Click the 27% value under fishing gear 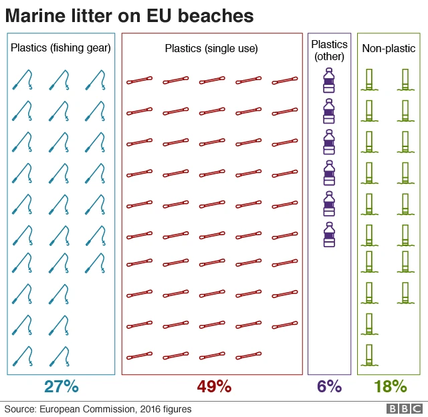[x=62, y=386]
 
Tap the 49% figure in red [x=214, y=386]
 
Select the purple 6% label [x=329, y=386]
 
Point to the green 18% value [x=391, y=386]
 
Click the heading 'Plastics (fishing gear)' [x=61, y=48]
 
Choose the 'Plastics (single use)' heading [x=211, y=48]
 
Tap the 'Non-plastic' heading [x=389, y=48]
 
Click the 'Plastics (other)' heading [x=329, y=50]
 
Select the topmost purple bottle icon [x=329, y=80]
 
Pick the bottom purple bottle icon [x=329, y=235]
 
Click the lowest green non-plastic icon [x=368, y=355]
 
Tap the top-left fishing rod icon [x=23, y=80]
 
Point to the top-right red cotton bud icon [x=285, y=81]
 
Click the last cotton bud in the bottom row [x=249, y=356]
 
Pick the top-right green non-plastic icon [x=405, y=80]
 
